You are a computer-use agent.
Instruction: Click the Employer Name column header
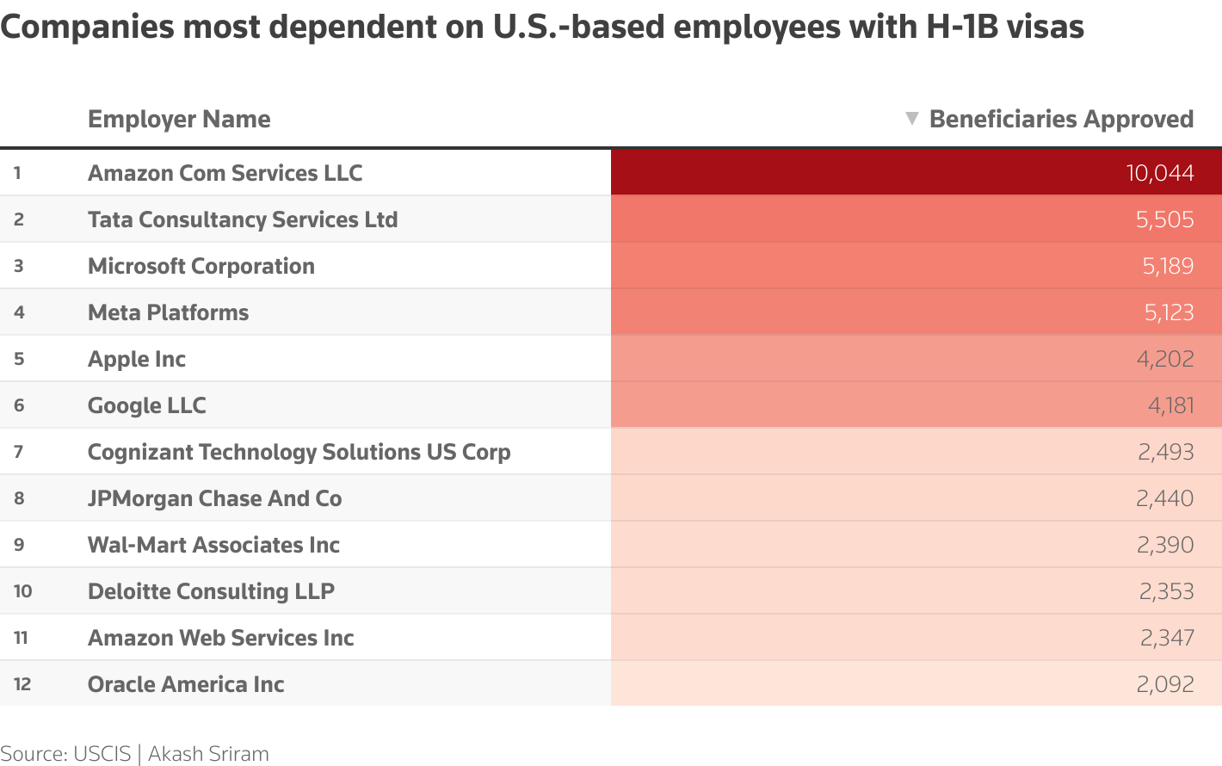(179, 119)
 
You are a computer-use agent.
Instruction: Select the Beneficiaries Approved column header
(1061, 119)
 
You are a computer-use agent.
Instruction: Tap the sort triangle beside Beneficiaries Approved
(912, 118)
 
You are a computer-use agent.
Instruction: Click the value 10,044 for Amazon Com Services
(1159, 173)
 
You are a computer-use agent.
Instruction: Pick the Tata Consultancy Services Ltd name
(243, 219)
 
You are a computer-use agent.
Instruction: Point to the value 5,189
(1168, 266)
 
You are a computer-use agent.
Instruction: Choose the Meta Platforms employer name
(168, 312)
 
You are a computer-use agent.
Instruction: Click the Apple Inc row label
(137, 359)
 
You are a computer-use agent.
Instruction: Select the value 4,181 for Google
(1170, 405)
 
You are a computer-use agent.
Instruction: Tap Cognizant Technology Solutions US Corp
(299, 452)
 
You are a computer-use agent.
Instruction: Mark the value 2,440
(1164, 498)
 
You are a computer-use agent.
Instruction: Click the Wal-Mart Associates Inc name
(213, 545)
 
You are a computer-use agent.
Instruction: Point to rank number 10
(23, 591)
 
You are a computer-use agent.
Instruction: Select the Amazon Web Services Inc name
(220, 638)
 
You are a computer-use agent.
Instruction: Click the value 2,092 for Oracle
(1165, 684)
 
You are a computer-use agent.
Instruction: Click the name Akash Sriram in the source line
(208, 754)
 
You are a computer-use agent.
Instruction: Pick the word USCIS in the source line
(102, 754)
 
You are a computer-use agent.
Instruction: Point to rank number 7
(18, 452)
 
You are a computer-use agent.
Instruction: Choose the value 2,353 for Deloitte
(1166, 591)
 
